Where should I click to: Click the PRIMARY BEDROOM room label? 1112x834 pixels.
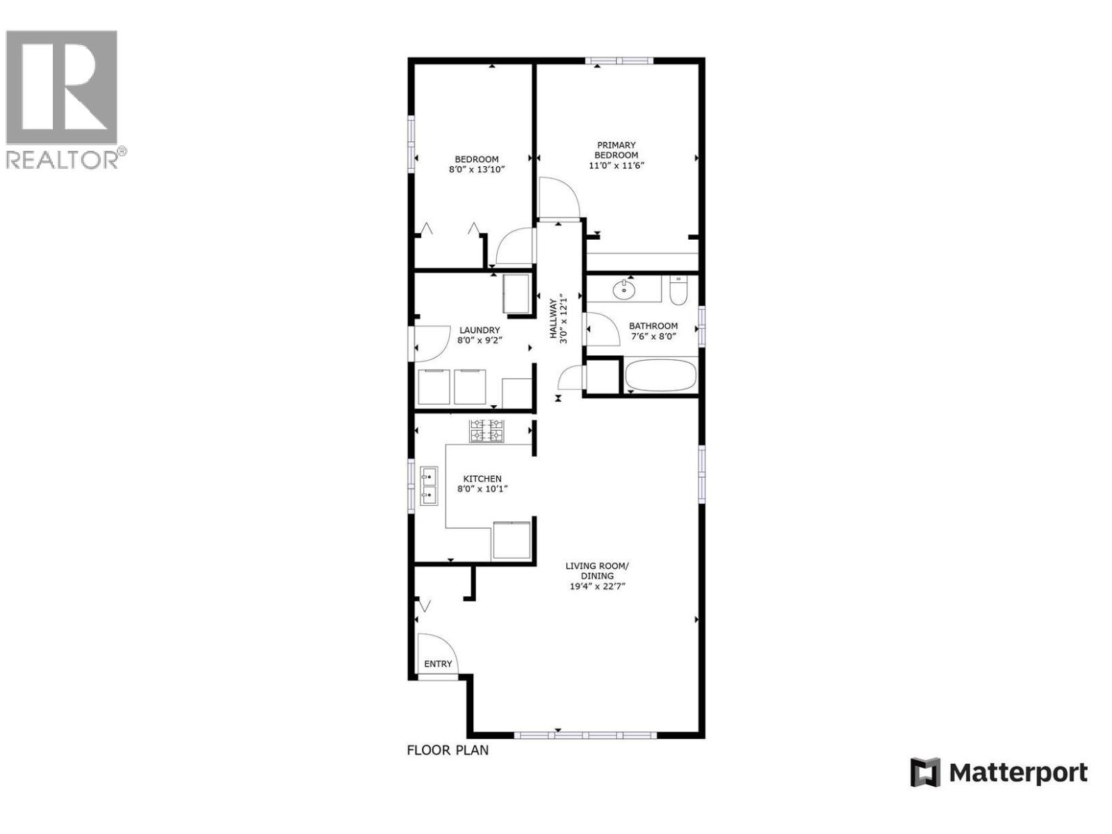(616, 150)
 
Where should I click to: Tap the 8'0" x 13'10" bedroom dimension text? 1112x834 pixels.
(476, 169)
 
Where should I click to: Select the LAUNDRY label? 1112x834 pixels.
(479, 330)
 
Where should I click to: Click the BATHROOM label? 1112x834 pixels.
(653, 326)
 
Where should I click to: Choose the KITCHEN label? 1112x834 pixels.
(482, 479)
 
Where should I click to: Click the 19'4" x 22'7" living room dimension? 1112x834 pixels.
(597, 586)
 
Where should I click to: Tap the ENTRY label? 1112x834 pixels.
(438, 664)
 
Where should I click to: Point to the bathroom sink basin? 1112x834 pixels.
(625, 289)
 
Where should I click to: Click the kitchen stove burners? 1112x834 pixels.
(486, 431)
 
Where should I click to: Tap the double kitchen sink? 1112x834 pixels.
(428, 486)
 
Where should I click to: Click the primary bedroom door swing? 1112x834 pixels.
(559, 198)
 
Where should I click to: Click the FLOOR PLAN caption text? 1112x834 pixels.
(448, 750)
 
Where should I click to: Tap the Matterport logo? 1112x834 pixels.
(999, 772)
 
